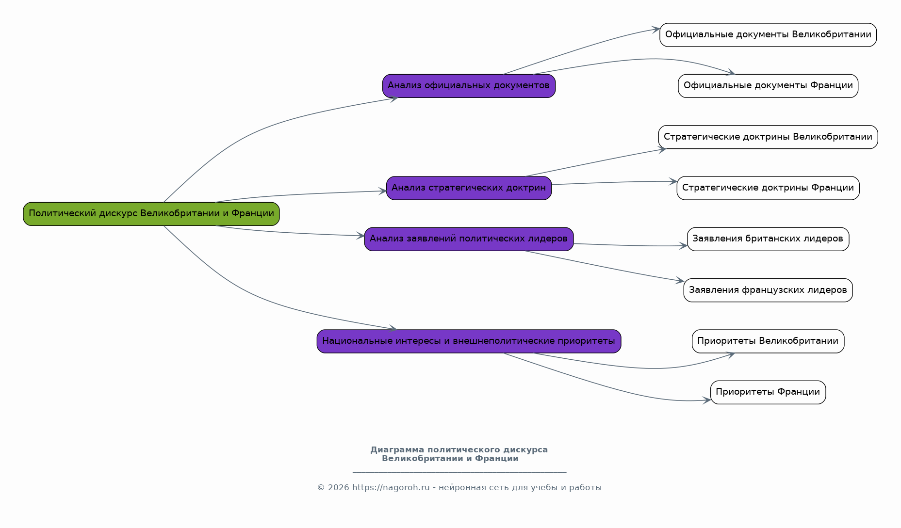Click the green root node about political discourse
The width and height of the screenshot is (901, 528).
[151, 214]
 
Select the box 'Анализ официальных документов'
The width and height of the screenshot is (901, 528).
[469, 86]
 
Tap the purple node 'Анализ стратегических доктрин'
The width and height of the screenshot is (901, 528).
[469, 188]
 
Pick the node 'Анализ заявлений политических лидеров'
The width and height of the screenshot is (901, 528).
[469, 239]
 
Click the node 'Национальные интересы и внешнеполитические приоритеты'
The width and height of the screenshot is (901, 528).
[469, 341]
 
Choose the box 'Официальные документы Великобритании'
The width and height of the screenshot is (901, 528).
[768, 35]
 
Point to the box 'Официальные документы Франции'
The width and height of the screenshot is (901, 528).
[768, 86]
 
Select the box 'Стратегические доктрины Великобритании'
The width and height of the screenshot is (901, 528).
[768, 137]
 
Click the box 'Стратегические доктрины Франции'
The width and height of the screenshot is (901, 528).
[768, 188]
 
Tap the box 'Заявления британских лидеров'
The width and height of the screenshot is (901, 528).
[768, 239]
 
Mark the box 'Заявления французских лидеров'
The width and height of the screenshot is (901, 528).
[768, 290]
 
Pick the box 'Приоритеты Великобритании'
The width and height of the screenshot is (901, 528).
[768, 341]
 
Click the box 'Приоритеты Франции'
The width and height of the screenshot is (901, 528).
[768, 392]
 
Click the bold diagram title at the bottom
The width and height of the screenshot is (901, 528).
[459, 454]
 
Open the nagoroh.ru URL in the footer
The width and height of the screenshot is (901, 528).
[391, 488]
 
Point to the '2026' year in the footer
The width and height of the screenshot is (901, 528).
[338, 488]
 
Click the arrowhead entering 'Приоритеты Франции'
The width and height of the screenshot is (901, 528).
[706, 400]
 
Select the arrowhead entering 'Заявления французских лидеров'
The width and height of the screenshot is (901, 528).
[680, 280]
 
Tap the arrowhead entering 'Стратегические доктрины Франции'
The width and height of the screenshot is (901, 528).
[673, 181]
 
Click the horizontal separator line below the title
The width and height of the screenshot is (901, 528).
[459, 472]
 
